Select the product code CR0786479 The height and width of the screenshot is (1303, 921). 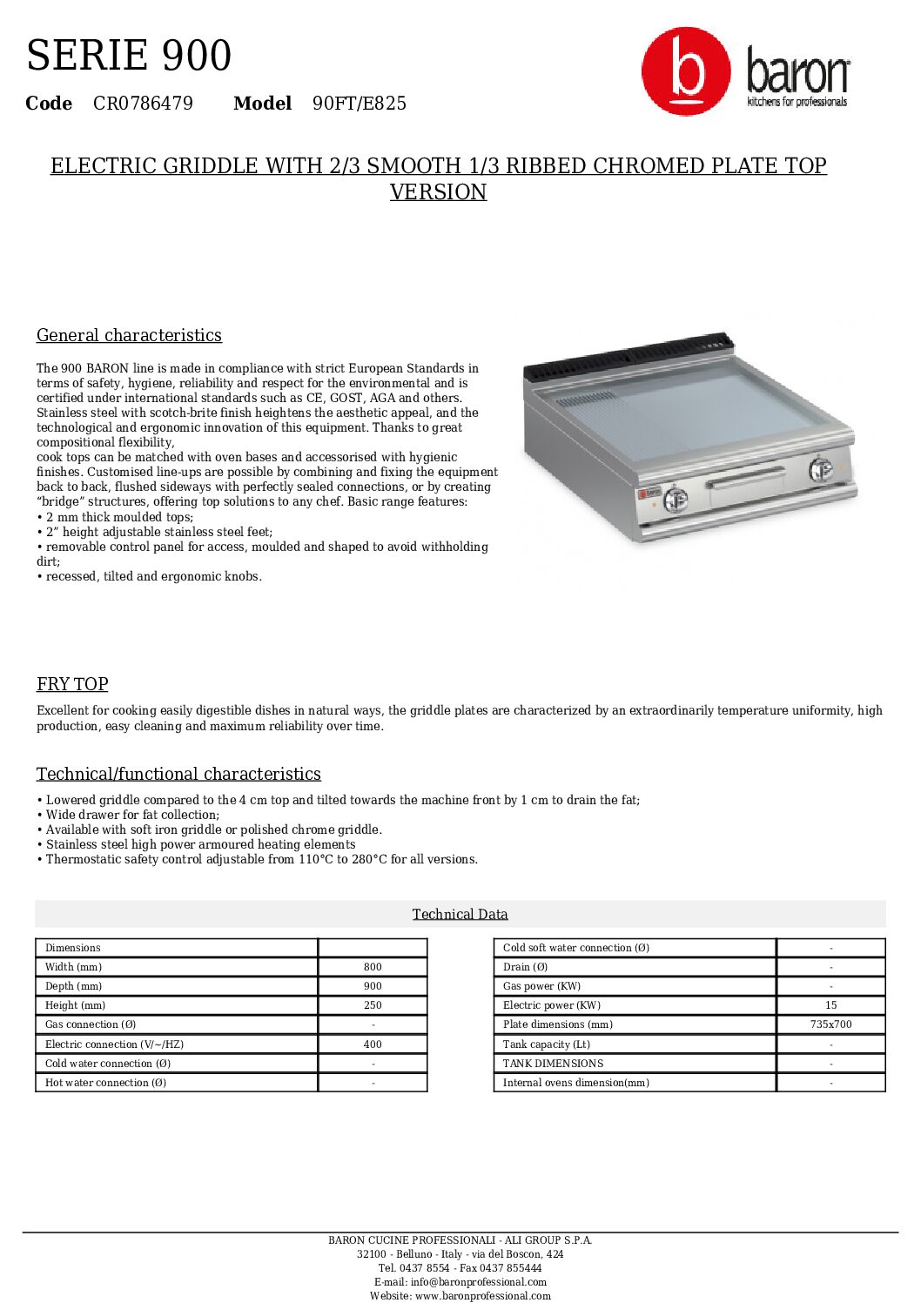(143, 104)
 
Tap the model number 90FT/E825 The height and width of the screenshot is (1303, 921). (360, 104)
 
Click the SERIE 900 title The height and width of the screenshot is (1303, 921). (129, 56)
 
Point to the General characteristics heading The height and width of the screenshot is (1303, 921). (129, 335)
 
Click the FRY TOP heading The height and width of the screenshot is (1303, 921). (72, 684)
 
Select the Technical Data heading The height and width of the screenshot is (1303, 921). (460, 914)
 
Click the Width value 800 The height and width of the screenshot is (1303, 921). (373, 967)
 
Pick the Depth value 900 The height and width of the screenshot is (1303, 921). (373, 986)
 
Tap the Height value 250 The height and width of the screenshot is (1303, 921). (373, 1005)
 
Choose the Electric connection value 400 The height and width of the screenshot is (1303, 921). (373, 1044)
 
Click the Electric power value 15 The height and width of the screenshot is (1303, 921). (830, 1005)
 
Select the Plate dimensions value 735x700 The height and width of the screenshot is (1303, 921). (830, 1024)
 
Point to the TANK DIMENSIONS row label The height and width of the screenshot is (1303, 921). (553, 1064)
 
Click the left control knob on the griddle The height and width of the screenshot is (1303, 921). (676, 500)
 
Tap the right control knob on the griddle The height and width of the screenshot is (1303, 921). (821, 469)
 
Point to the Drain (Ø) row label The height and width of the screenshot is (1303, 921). (525, 967)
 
